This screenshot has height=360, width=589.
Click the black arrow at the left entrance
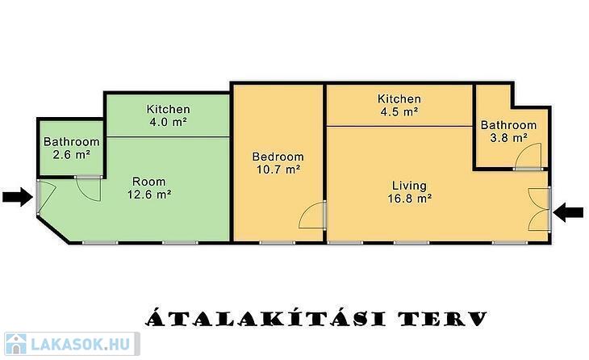click(x=18, y=196)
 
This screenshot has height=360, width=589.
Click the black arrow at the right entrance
click(x=568, y=212)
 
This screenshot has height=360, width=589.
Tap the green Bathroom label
click(x=71, y=142)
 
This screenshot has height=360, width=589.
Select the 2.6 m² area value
click(x=71, y=154)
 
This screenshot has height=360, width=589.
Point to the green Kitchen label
click(x=168, y=109)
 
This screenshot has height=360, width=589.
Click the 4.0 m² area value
click(x=168, y=122)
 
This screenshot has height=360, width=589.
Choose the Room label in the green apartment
click(x=148, y=182)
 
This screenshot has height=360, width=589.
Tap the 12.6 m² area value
click(x=149, y=195)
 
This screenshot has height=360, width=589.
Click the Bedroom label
click(x=278, y=157)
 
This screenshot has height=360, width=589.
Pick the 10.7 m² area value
click(x=278, y=170)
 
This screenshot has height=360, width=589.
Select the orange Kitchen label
click(x=399, y=98)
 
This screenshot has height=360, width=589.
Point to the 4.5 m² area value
click(x=399, y=111)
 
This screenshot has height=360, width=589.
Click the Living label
click(x=409, y=186)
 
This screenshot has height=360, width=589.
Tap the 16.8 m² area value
click(x=409, y=198)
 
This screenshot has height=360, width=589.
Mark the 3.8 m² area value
click(x=508, y=138)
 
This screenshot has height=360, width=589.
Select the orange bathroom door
click(x=528, y=155)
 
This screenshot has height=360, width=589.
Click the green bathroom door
click(x=89, y=189)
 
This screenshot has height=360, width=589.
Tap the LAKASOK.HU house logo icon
click(x=16, y=344)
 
